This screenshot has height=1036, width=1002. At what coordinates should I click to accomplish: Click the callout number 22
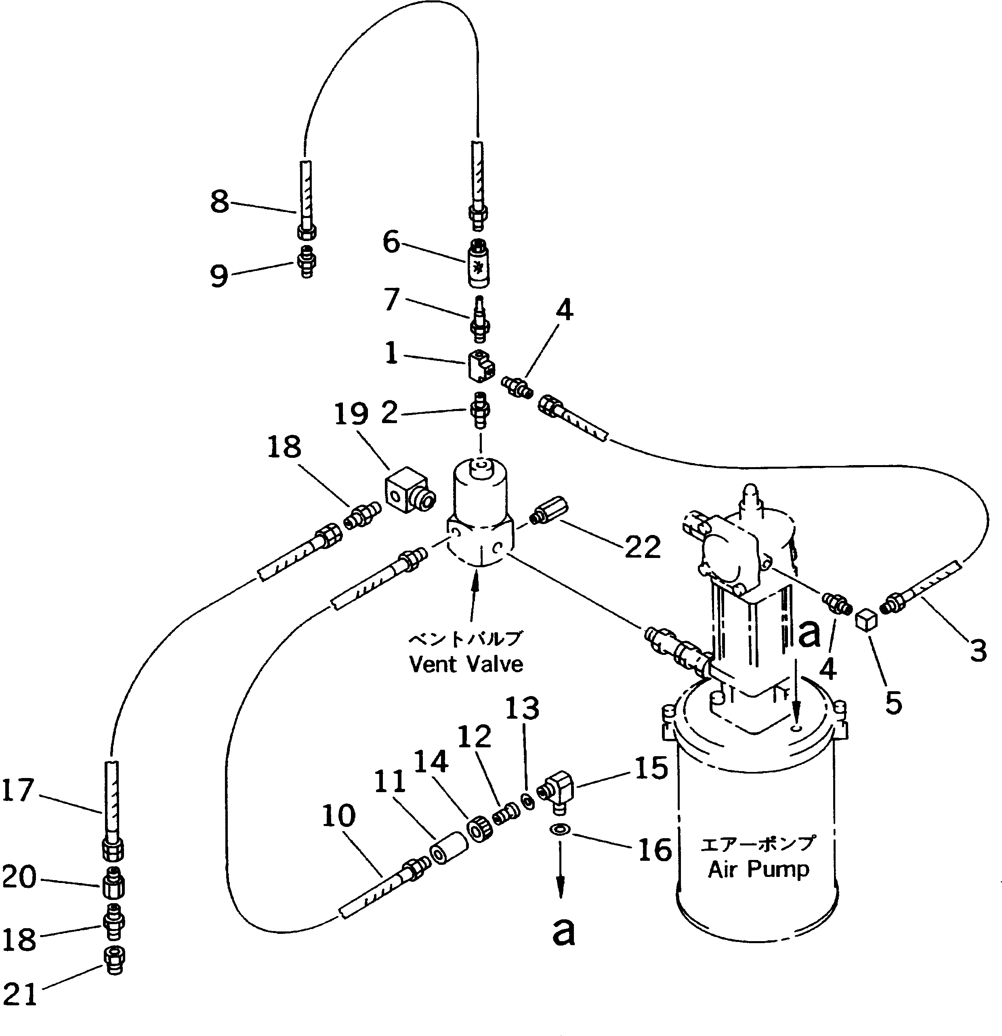tap(643, 547)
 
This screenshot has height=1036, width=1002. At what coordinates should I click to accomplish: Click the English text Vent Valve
tap(466, 664)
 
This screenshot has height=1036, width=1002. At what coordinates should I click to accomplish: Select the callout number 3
tap(978, 650)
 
